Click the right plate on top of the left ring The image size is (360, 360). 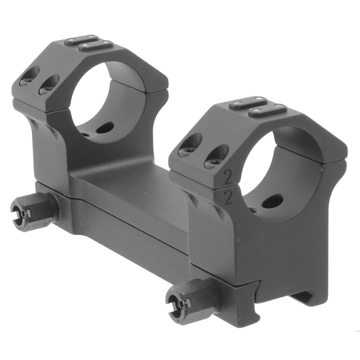point(96,45)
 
